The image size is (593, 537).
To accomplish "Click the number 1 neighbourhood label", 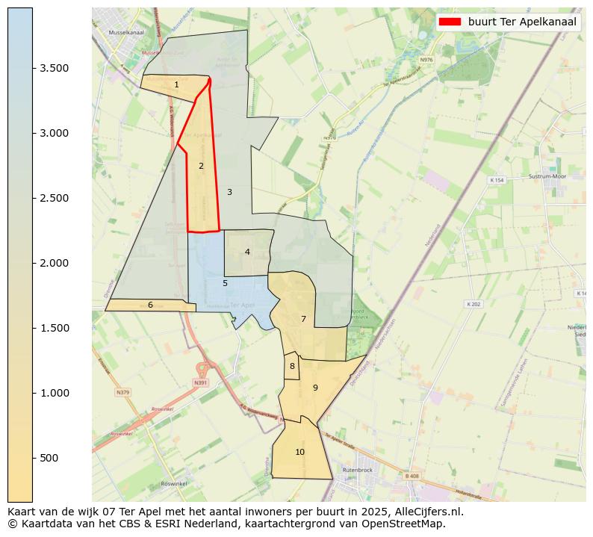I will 176,84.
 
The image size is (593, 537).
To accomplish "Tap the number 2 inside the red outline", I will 201,166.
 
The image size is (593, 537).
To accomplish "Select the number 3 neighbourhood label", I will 229,192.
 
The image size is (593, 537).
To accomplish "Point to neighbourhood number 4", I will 247,252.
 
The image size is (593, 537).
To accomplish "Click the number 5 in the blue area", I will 225,283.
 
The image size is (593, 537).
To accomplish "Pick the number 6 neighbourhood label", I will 150,305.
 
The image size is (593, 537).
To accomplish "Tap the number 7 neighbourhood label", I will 303,319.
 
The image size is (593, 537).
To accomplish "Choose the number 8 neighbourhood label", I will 292,366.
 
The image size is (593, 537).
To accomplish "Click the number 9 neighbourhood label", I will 315,388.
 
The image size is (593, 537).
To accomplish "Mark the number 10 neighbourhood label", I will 299,452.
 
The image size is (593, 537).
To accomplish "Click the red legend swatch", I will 450,22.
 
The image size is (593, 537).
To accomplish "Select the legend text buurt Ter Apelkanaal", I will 522,22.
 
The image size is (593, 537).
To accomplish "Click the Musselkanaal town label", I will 125,33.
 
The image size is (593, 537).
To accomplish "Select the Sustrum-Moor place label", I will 548,177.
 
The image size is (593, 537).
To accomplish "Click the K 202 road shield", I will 474,304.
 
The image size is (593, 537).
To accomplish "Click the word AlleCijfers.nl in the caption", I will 429,512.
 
